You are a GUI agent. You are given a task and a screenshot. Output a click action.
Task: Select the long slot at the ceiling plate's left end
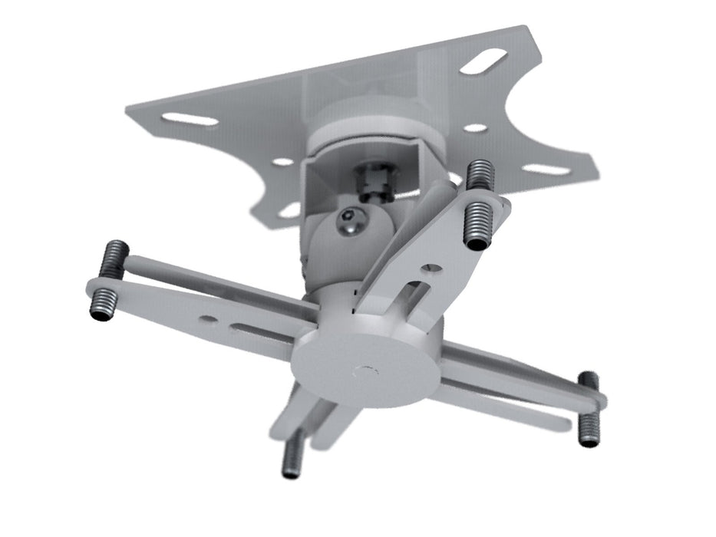pyautogui.click(x=190, y=119)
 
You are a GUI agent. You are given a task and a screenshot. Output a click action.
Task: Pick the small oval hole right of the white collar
pyautogui.click(x=475, y=128)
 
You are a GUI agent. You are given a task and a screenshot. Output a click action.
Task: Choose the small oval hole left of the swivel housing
pyautogui.click(x=283, y=162)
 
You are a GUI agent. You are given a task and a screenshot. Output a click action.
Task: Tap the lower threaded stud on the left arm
pyautogui.click(x=102, y=305)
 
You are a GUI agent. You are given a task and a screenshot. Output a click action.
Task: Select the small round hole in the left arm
pyautogui.click(x=205, y=317)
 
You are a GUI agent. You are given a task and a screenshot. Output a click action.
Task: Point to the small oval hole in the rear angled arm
pyautogui.click(x=433, y=268)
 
